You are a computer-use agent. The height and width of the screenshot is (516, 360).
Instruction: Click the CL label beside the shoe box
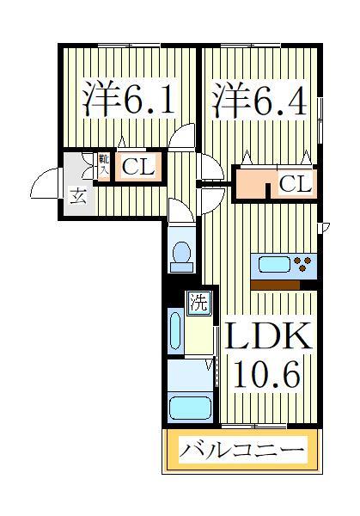(x=137, y=167)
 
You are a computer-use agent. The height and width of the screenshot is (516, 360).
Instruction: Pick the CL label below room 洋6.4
(x=295, y=184)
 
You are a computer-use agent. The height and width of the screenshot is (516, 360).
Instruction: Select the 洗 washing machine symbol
(x=198, y=302)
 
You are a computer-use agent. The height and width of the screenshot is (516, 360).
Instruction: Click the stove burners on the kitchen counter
(x=302, y=264)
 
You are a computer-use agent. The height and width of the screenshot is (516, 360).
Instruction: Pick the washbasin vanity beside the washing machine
(x=175, y=331)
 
